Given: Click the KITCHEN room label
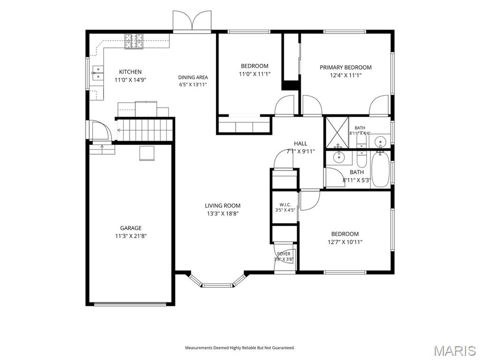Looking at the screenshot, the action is pos(130,72).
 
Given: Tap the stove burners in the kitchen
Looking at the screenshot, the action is pos(134,41).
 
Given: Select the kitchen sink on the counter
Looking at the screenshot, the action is pos(97,73).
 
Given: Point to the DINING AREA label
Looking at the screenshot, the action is pos(193,77).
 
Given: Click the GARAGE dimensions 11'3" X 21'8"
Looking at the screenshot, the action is pos(131,236).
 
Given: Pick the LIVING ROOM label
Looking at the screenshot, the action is pos(223,206).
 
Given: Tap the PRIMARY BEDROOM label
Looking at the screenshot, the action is pos(345,67).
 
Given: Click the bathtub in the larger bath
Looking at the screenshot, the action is pos(380,169).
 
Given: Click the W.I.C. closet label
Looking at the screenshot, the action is pos(285,204).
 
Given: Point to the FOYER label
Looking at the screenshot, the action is pos(284,254).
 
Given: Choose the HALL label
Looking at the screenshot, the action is pos(300,143).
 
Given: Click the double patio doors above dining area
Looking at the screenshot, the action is pos(192,21).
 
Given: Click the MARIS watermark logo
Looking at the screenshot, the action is pos(454,351).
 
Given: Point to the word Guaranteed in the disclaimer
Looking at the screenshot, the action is pos(284,348).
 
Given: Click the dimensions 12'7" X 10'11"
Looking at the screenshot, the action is pos(345,242).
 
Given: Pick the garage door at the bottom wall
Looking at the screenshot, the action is pos(130,304).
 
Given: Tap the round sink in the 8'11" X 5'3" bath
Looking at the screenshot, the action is pos(339,158).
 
